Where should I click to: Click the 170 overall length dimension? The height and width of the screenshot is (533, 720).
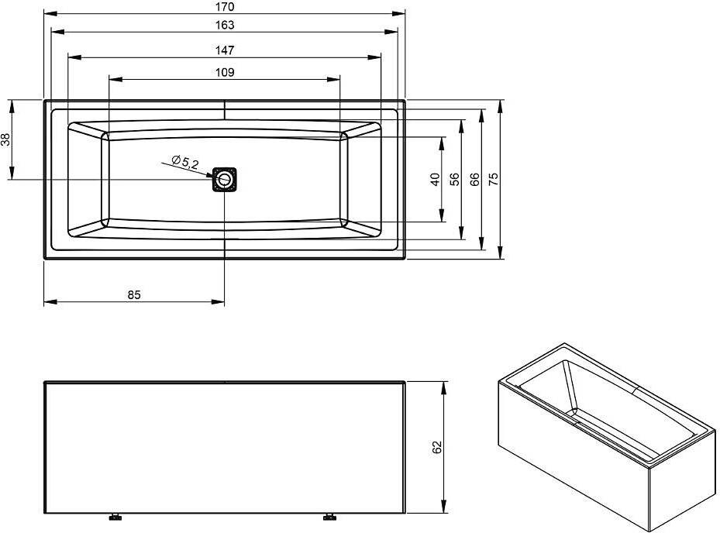225,7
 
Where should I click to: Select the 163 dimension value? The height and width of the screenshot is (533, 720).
225,25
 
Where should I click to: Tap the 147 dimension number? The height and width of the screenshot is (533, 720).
225,50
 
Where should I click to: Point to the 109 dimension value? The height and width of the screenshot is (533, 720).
225,72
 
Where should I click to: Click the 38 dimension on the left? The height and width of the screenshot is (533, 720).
5,139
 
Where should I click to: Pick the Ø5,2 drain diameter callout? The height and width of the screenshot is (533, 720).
185,162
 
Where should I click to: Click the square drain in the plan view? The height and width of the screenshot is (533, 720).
225,180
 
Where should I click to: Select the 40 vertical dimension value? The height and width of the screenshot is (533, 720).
435,179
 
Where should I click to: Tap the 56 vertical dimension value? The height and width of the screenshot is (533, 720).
454,179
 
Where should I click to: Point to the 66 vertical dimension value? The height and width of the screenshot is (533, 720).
474,179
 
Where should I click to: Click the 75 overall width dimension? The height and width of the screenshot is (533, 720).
493,179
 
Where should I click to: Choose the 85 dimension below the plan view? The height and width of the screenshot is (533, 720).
134,294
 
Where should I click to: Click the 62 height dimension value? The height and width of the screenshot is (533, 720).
436,447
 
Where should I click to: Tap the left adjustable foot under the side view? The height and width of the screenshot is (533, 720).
115,517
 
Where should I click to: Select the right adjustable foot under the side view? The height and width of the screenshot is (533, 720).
329,517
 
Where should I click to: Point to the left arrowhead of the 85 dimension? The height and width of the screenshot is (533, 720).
50,301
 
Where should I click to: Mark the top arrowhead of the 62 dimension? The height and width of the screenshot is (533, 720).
443,388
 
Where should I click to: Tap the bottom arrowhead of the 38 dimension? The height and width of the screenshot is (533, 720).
12,173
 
